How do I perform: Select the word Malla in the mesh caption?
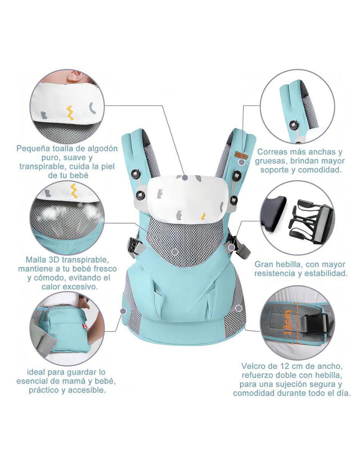point(36,260)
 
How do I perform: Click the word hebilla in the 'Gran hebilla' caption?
point(292,264)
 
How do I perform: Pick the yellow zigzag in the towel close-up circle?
point(69,113)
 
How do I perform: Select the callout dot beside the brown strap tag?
point(242,162)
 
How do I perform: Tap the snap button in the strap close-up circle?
point(292,124)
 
